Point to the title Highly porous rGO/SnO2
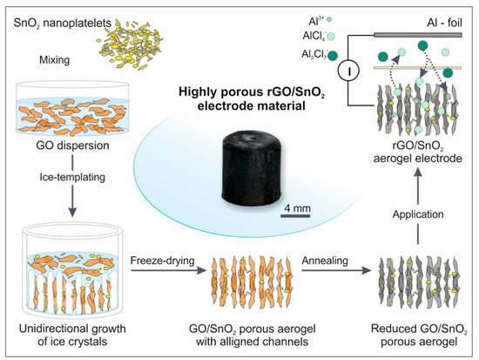238,94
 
